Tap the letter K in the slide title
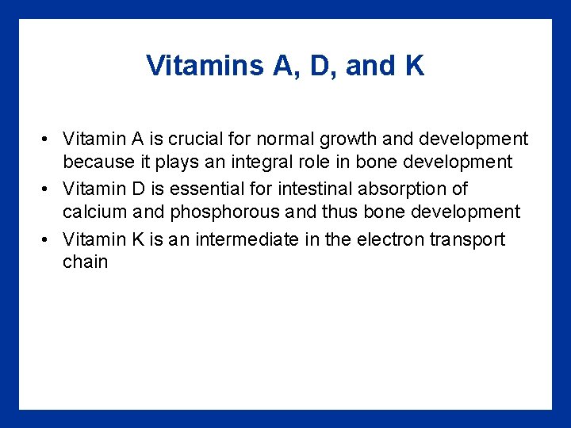pyautogui.click(x=414, y=66)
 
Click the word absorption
pyautogui.click(x=403, y=189)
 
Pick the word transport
pyautogui.click(x=468, y=239)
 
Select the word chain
pyautogui.click(x=85, y=262)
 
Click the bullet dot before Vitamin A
pyautogui.click(x=48, y=140)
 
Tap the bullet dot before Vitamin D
pyautogui.click(x=48, y=189)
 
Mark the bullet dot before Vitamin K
pyautogui.click(x=48, y=240)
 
